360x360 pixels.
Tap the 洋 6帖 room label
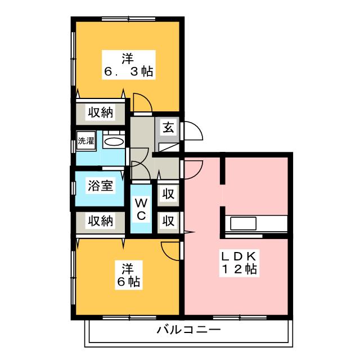(129, 273)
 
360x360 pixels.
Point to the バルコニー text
(188, 330)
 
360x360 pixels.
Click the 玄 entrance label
(168, 127)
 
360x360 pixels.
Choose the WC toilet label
(141, 209)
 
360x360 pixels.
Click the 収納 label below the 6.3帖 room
(100, 112)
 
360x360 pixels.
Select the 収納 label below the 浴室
(100, 221)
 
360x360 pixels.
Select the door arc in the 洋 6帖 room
(170, 249)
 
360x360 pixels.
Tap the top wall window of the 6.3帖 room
(129, 19)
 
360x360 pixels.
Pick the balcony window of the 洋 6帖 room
(129, 318)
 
